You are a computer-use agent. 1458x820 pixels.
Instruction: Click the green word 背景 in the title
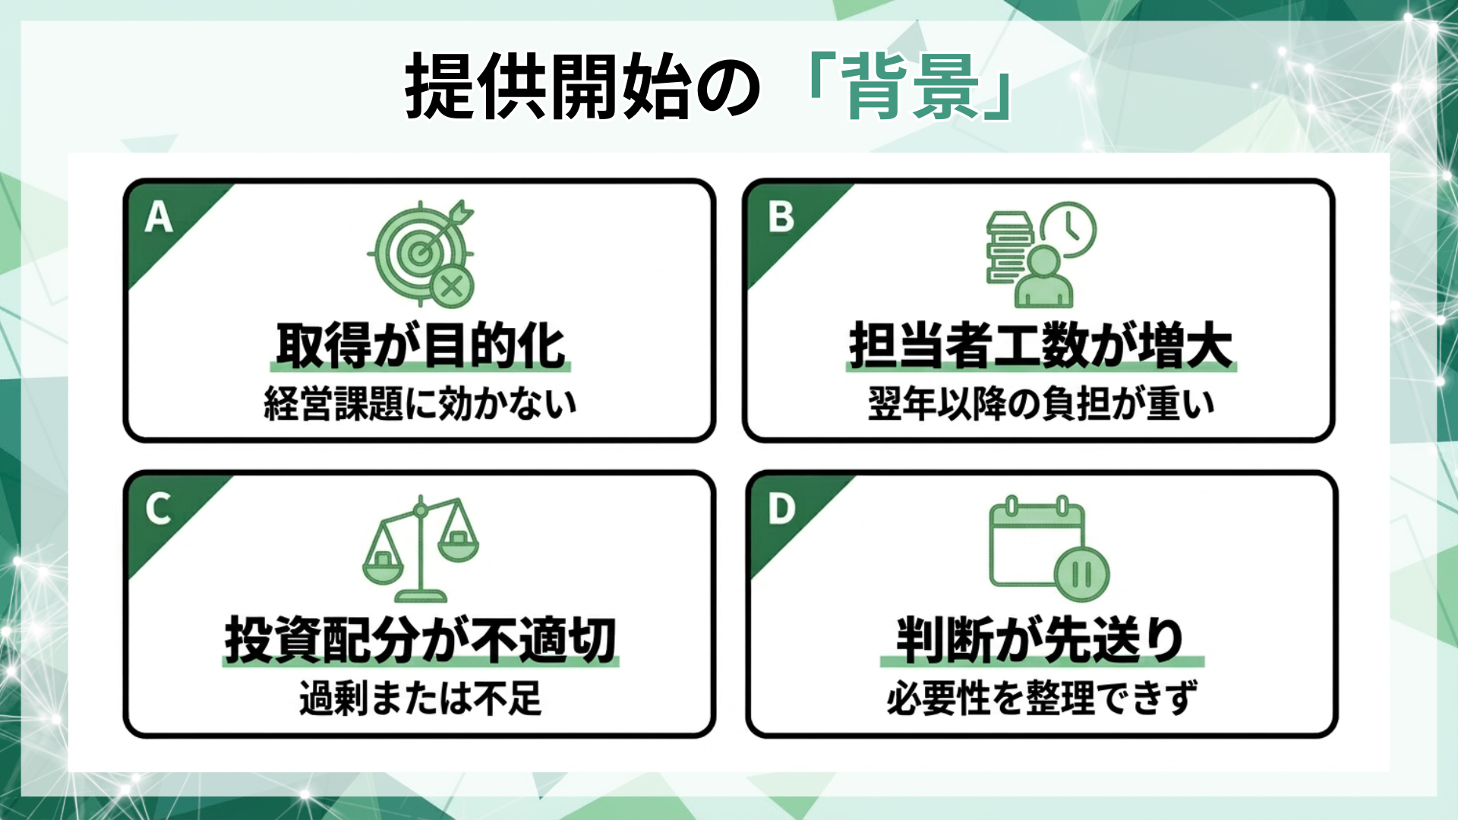(x=911, y=87)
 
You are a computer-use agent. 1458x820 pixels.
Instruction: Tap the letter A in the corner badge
(x=159, y=217)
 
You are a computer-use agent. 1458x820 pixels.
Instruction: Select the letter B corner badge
(x=781, y=217)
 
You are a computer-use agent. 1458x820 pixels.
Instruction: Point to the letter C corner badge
(x=158, y=509)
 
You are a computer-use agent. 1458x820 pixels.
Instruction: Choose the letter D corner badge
(x=781, y=509)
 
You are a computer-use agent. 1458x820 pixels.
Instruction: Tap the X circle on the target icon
(x=451, y=287)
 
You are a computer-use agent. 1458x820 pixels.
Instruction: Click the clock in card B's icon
(x=1068, y=229)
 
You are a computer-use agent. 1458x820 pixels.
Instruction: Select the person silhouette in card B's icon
(x=1044, y=277)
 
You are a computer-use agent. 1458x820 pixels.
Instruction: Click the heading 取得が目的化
(x=421, y=346)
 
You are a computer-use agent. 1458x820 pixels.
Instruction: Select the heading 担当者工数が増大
(x=1041, y=346)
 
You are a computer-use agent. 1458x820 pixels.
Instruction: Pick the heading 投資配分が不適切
(x=421, y=640)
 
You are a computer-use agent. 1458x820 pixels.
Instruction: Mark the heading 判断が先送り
(x=1041, y=640)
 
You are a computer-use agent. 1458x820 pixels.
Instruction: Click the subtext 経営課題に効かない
(x=421, y=403)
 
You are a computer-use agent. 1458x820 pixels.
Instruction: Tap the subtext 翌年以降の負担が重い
(x=1041, y=403)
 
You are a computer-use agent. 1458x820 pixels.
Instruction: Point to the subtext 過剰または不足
(x=421, y=698)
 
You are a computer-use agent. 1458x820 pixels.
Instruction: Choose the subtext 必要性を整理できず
(x=1041, y=698)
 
